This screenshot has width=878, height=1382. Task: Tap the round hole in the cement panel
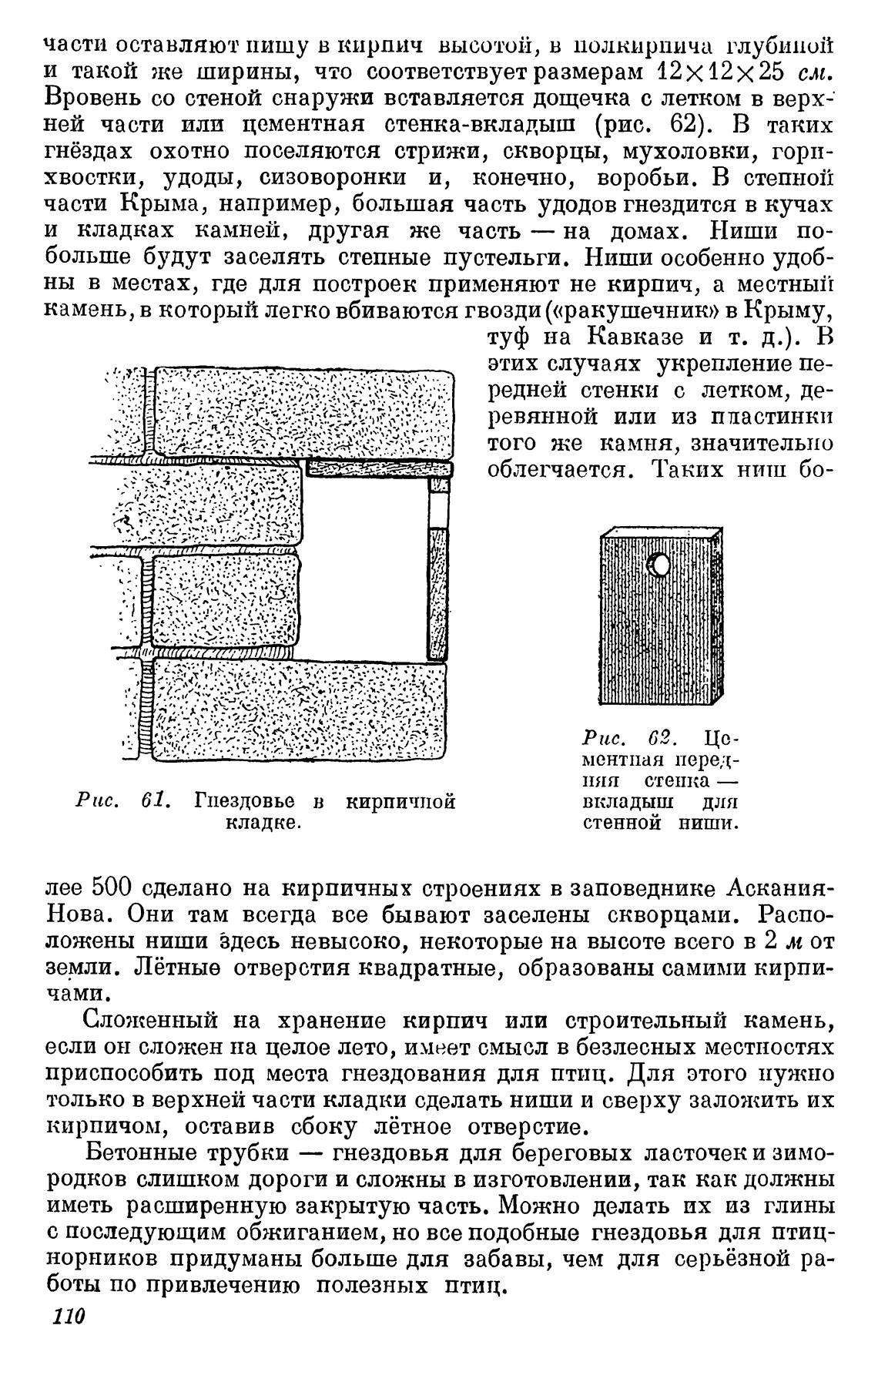(659, 566)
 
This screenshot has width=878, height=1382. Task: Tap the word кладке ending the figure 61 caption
(263, 823)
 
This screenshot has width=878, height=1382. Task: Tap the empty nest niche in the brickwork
(366, 566)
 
